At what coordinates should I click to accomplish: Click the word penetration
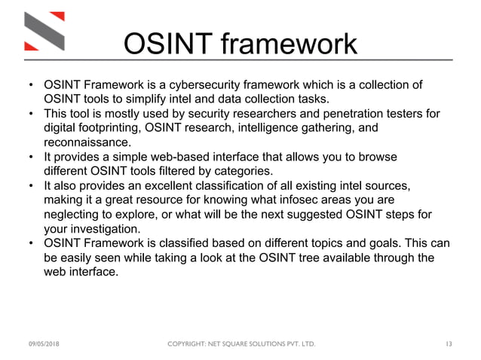coord(349,113)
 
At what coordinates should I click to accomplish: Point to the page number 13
coord(449,344)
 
